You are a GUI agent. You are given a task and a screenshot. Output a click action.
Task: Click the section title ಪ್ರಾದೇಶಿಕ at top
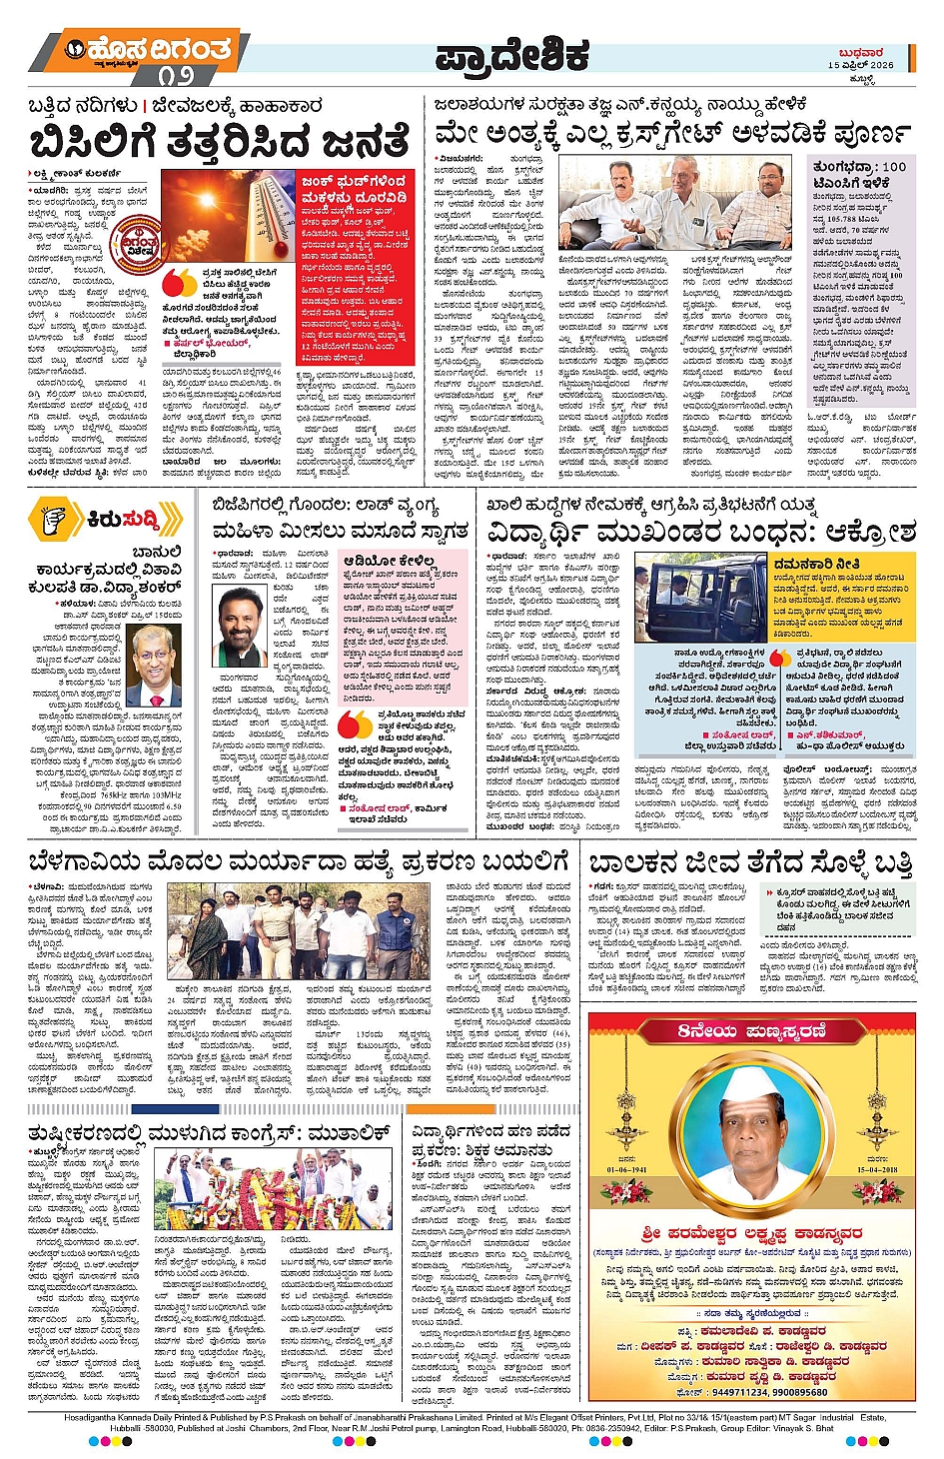click(510, 55)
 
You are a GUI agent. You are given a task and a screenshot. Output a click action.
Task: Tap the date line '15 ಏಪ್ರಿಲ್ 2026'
click(860, 65)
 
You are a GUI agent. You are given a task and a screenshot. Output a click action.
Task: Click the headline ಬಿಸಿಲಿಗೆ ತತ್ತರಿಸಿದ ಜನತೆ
click(219, 140)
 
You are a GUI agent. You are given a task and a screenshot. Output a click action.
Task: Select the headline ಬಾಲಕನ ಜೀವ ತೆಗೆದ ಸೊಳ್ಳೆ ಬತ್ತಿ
click(749, 862)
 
